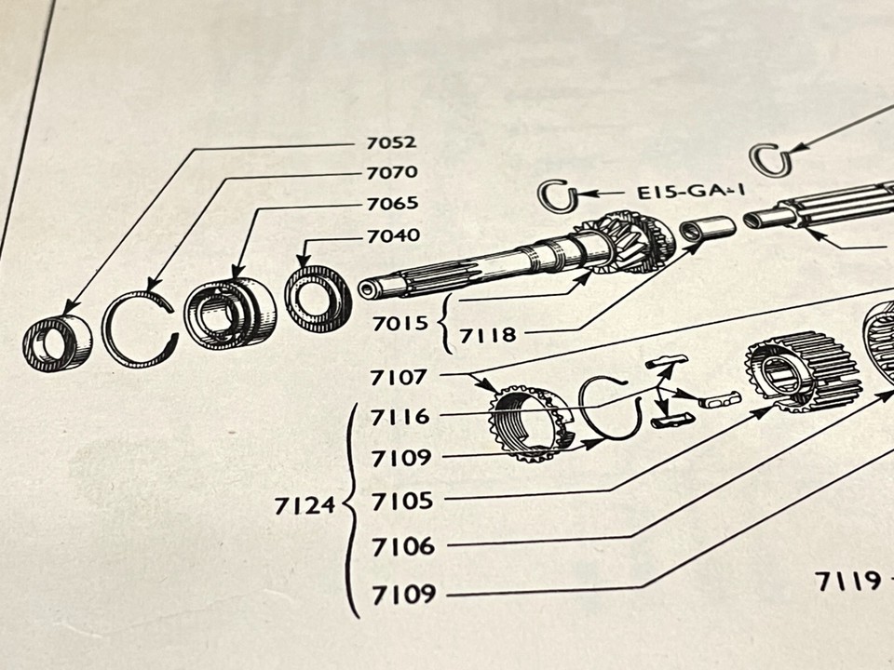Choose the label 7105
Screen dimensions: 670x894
click(402, 502)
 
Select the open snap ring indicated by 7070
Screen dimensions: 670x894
click(140, 328)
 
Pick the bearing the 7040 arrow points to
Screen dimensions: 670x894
click(318, 298)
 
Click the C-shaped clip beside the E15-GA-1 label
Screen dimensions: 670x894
click(559, 195)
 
